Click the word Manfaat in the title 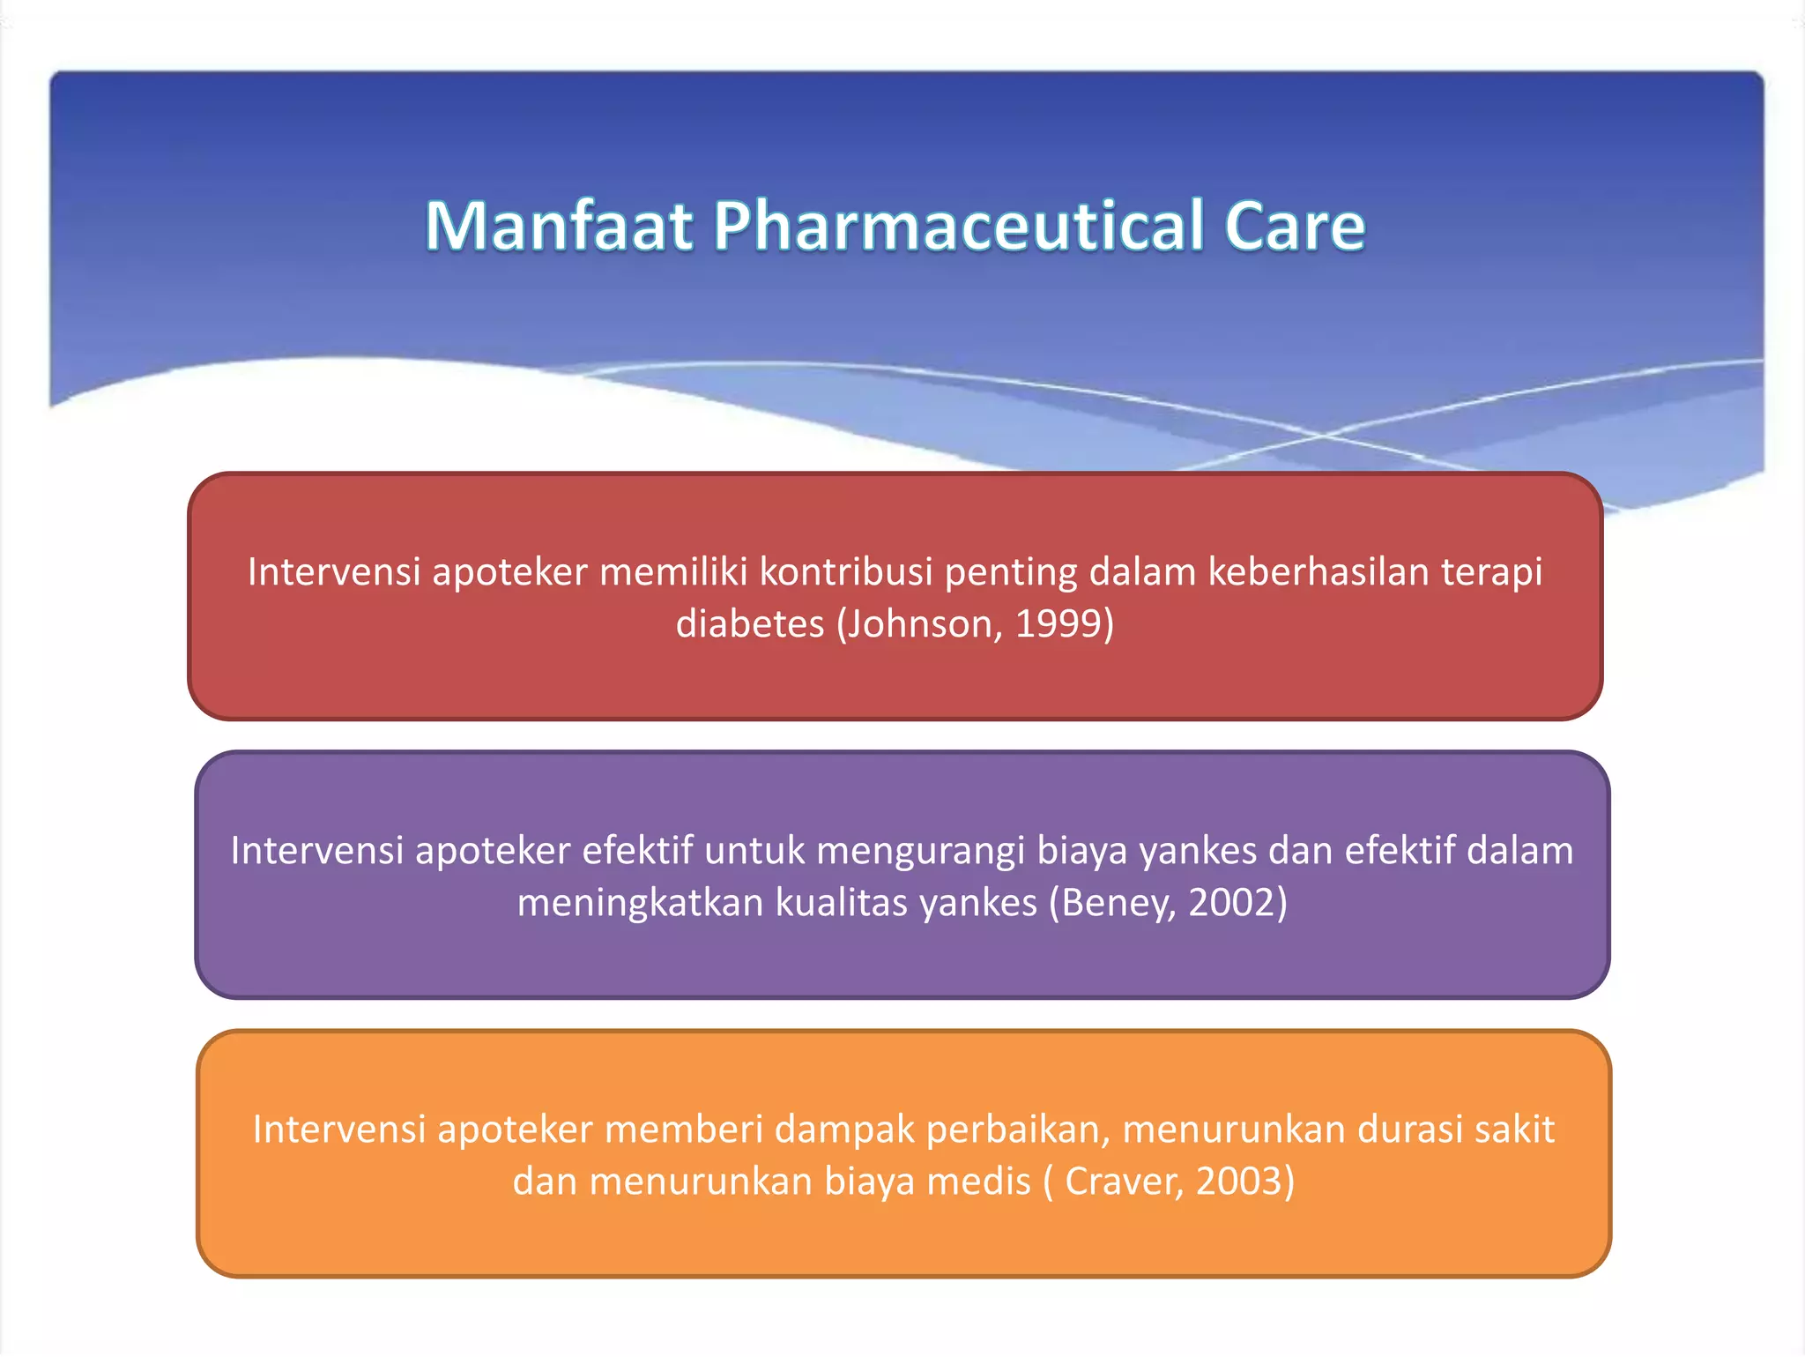coord(559,227)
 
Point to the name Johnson coord(921,624)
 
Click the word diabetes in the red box coord(749,624)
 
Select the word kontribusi coord(846,572)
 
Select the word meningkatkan coord(640,903)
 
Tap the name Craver coord(1121,1182)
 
